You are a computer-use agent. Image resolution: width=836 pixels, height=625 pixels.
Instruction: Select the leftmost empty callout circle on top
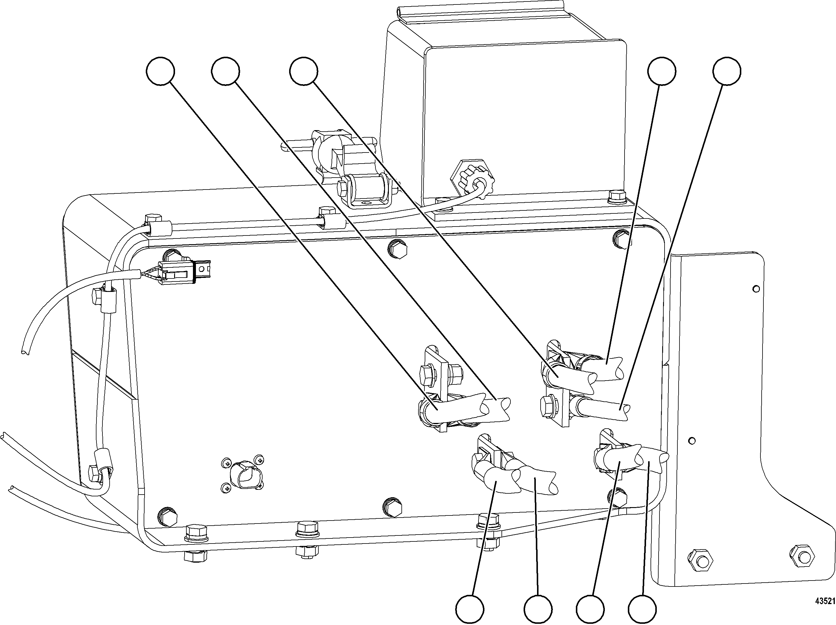pyautogui.click(x=160, y=71)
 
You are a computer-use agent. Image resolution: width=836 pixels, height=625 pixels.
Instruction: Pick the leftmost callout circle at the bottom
pyautogui.click(x=470, y=609)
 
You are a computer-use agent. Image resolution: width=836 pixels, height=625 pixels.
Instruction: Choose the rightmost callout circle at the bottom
pyautogui.click(x=642, y=609)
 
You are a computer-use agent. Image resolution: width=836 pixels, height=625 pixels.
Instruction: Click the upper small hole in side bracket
pyautogui.click(x=756, y=289)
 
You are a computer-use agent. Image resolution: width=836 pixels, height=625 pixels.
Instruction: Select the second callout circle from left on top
pyautogui.click(x=226, y=71)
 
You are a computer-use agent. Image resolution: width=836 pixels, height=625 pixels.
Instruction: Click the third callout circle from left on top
pyautogui.click(x=303, y=71)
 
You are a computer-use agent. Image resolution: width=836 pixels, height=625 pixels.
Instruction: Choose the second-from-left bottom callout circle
pyautogui.click(x=538, y=609)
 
